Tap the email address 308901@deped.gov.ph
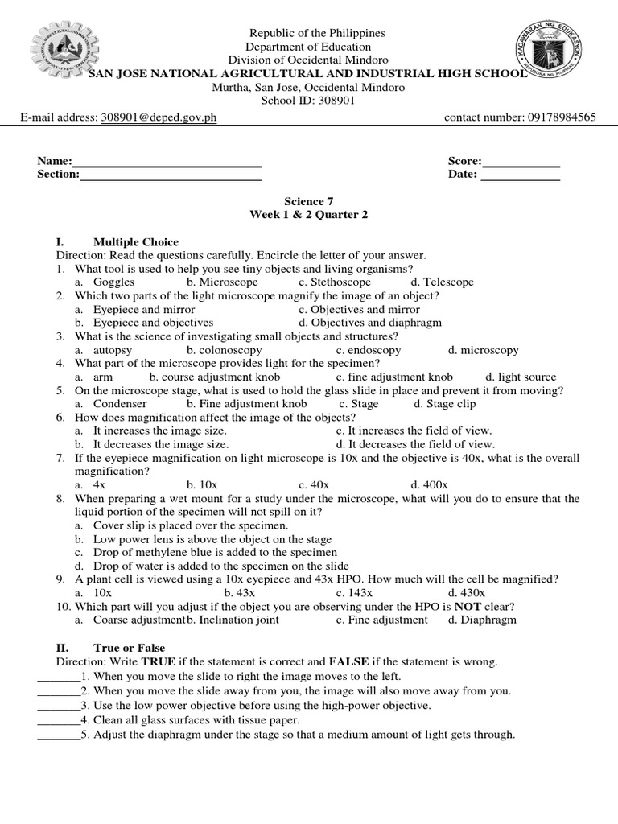[x=159, y=117]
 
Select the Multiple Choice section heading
[x=136, y=242]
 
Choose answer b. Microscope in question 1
[x=222, y=282]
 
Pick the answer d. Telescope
[x=442, y=282]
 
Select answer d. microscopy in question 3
[x=484, y=350]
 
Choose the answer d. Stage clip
[x=444, y=404]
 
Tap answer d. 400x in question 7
[x=429, y=485]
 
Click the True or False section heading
[x=129, y=648]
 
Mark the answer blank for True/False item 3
[x=58, y=706]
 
